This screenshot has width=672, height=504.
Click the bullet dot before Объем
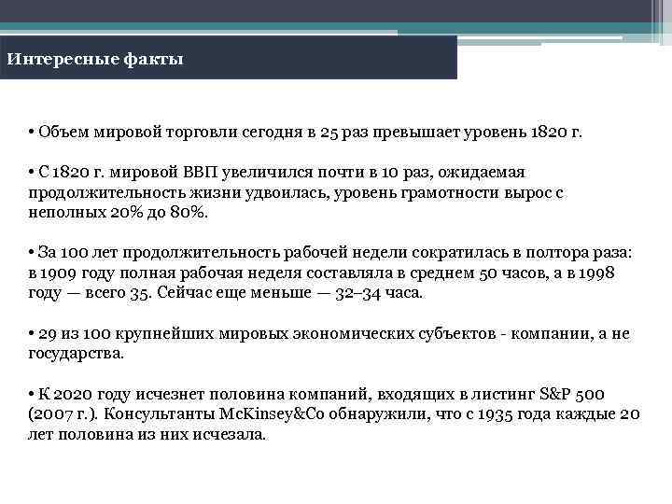click(x=32, y=133)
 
